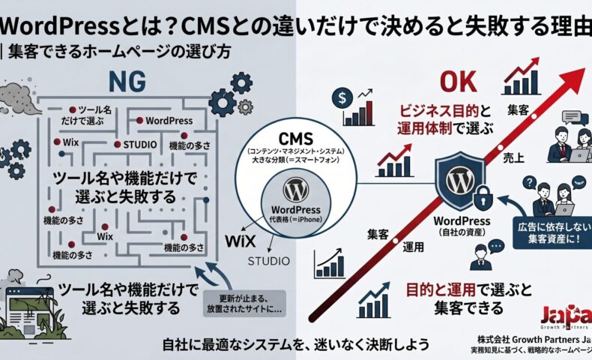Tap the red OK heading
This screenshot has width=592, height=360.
point(458,82)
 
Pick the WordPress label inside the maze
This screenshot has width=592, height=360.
point(169,120)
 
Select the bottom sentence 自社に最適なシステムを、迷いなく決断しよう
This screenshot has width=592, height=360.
point(296,346)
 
